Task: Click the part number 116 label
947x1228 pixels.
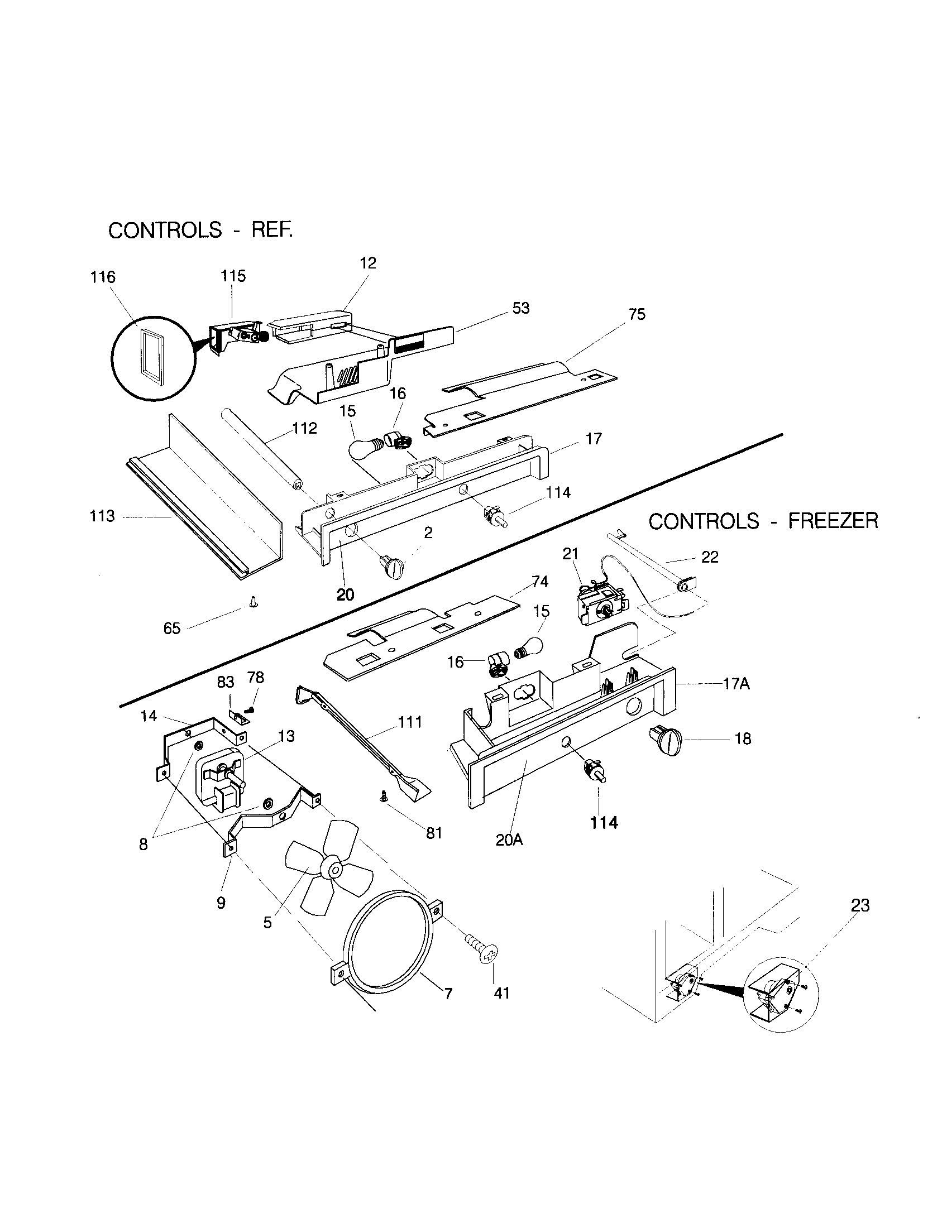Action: click(103, 277)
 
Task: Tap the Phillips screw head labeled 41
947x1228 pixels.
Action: click(490, 954)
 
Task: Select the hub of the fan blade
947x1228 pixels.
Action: click(333, 870)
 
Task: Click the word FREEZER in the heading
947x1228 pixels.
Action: click(833, 521)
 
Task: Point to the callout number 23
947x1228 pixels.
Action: click(860, 905)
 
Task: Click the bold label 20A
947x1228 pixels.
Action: click(509, 840)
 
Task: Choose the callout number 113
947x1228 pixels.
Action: click(102, 516)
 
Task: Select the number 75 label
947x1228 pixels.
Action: click(637, 314)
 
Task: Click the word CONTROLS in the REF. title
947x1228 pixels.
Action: click(165, 231)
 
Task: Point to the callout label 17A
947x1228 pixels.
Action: click(736, 684)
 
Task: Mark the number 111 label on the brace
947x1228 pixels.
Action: click(410, 722)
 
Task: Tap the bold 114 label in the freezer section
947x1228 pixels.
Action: click(604, 823)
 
